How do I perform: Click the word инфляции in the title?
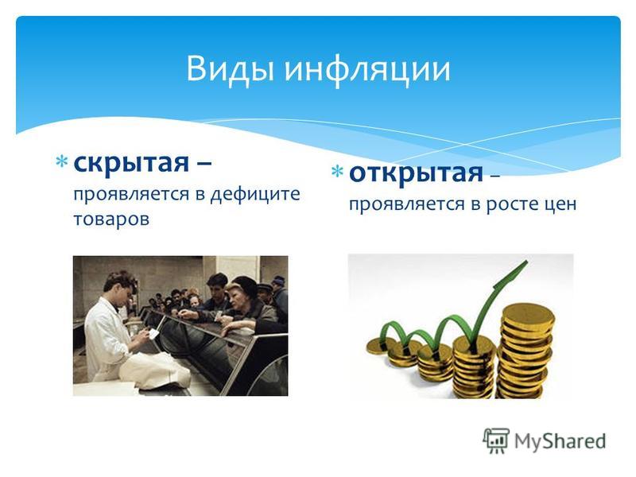pos(367,70)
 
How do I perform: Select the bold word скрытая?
pos(131,164)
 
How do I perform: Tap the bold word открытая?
pos(416,173)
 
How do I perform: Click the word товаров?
pos(111,220)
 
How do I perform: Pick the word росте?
pos(510,204)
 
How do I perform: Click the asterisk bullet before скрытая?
pos(62,161)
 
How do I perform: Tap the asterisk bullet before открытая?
pos(337,171)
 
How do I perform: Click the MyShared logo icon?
pos(495,440)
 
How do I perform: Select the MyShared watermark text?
pos(560,441)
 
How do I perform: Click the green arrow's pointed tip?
pos(526,262)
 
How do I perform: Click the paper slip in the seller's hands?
pos(153,333)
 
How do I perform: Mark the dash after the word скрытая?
pos(203,165)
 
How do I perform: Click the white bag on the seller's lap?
pos(156,370)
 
